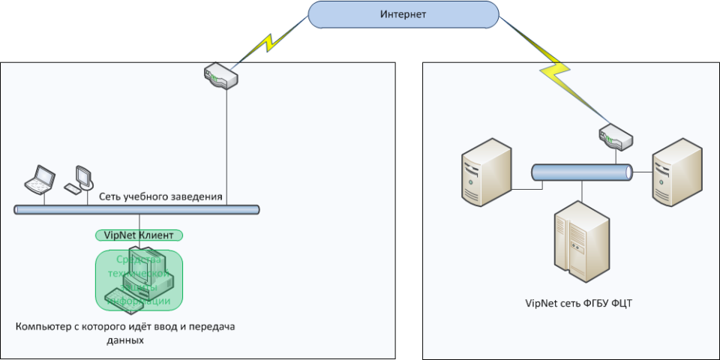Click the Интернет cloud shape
[x=403, y=14]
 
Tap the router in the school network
[x=220, y=76]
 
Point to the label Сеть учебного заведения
[x=161, y=197]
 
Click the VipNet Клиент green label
[x=139, y=235]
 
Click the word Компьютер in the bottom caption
[x=46, y=327]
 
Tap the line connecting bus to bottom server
[x=581, y=190]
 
